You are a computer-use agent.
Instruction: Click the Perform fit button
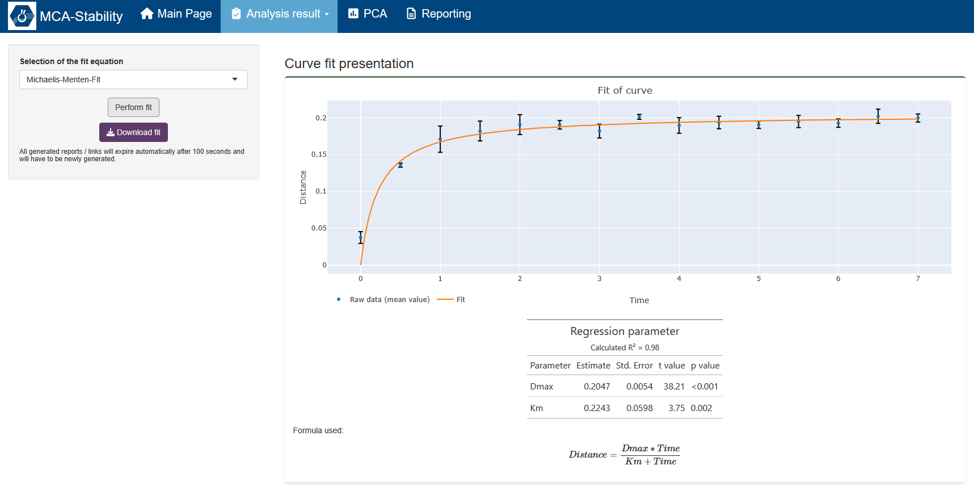[133, 107]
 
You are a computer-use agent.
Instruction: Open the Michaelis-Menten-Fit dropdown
[133, 79]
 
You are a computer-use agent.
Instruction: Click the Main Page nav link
[176, 14]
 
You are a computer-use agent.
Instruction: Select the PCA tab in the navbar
[368, 14]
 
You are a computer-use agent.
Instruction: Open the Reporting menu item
[438, 14]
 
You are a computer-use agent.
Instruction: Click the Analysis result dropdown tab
[280, 14]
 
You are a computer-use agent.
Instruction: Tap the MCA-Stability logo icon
[22, 16]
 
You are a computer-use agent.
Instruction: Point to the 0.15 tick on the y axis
[319, 154]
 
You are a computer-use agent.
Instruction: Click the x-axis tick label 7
[918, 279]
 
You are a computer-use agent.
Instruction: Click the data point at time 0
[361, 237]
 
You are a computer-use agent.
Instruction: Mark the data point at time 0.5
[400, 165]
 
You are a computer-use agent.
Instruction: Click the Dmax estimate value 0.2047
[597, 387]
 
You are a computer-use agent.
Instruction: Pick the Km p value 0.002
[701, 408]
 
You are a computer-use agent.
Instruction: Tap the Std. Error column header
[634, 366]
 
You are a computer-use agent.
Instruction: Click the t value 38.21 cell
[674, 387]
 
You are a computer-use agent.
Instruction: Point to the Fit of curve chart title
[625, 90]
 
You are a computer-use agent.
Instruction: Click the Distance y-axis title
[303, 187]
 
